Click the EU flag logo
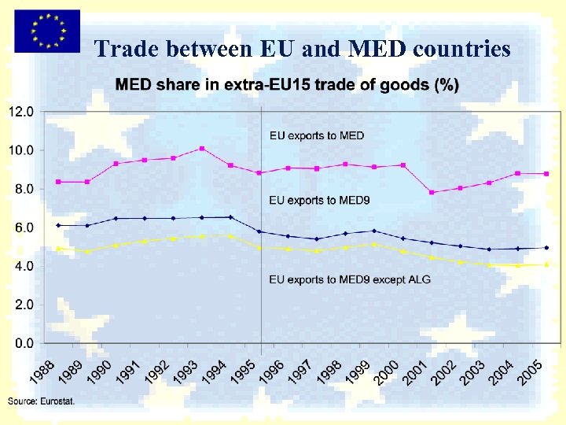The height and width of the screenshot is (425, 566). point(46,31)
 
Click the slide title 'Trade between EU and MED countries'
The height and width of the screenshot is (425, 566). point(303,50)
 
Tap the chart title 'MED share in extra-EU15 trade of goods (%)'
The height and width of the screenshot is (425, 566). point(288,85)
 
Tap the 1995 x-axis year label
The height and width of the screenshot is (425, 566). point(241,371)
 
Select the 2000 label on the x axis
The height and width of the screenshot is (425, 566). point(384,371)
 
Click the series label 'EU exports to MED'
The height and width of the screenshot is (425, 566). point(317,135)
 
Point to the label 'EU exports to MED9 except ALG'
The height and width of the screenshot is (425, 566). point(350,279)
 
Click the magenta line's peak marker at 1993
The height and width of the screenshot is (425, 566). point(202,148)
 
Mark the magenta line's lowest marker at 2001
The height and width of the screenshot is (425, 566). point(432,192)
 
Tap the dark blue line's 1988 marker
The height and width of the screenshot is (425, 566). point(58,225)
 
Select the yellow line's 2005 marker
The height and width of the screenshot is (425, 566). point(546,264)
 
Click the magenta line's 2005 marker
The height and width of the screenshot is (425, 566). point(546,174)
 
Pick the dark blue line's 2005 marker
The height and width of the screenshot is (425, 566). point(546,247)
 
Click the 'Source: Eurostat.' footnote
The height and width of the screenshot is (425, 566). point(41,401)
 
